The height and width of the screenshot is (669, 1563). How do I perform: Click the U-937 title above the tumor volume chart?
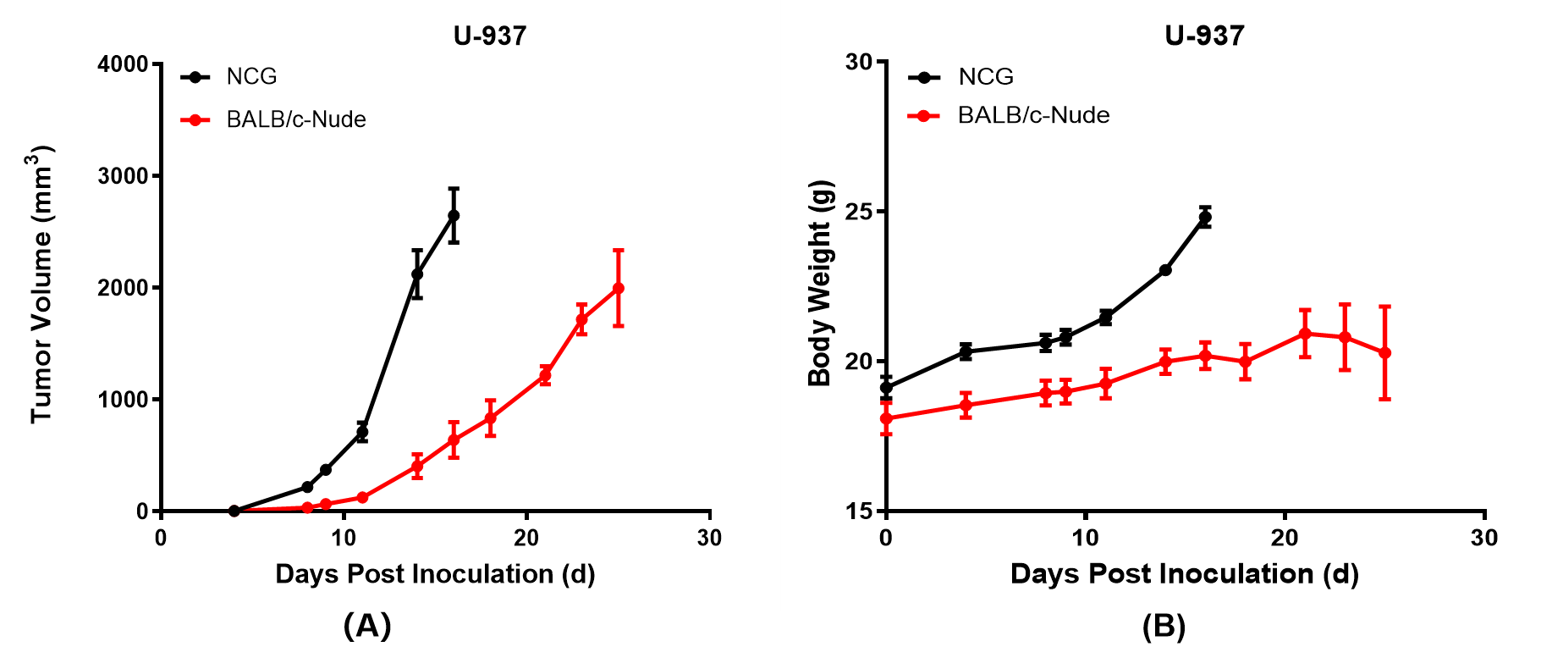pyautogui.click(x=490, y=36)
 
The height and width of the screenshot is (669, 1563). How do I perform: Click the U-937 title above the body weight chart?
pyautogui.click(x=1204, y=36)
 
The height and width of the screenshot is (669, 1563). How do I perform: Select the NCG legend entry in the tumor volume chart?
pyautogui.click(x=251, y=77)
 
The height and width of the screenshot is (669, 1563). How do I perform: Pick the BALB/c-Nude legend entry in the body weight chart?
pyautogui.click(x=1032, y=115)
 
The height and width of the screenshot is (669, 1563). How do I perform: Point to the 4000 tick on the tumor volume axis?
pyautogui.click(x=123, y=64)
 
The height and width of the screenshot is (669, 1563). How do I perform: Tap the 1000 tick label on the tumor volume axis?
pyautogui.click(x=123, y=400)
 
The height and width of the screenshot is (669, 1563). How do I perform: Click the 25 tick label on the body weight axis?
pyautogui.click(x=860, y=212)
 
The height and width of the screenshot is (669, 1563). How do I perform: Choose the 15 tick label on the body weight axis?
pyautogui.click(x=860, y=511)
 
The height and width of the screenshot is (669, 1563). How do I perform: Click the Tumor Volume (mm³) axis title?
pyautogui.click(x=42, y=284)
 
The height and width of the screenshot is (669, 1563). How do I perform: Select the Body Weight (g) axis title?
pyautogui.click(x=820, y=284)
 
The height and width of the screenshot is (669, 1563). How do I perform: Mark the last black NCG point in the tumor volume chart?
pyautogui.click(x=454, y=216)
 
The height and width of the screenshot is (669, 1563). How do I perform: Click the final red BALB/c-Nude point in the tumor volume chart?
pyautogui.click(x=618, y=289)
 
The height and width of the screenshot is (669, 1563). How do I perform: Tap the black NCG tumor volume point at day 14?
pyautogui.click(x=417, y=274)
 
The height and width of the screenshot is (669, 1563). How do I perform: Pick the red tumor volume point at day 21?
pyautogui.click(x=545, y=375)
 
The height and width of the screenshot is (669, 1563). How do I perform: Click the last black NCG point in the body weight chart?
pyautogui.click(x=1205, y=218)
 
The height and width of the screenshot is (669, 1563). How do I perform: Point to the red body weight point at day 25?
pyautogui.click(x=1384, y=353)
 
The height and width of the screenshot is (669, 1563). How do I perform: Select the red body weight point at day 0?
pyautogui.click(x=886, y=418)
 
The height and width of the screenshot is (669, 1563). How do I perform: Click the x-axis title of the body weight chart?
pyautogui.click(x=1184, y=574)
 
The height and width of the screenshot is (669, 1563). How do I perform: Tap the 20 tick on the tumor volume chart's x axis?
pyautogui.click(x=526, y=538)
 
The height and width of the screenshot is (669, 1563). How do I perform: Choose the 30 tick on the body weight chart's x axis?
pyautogui.click(x=1484, y=538)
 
